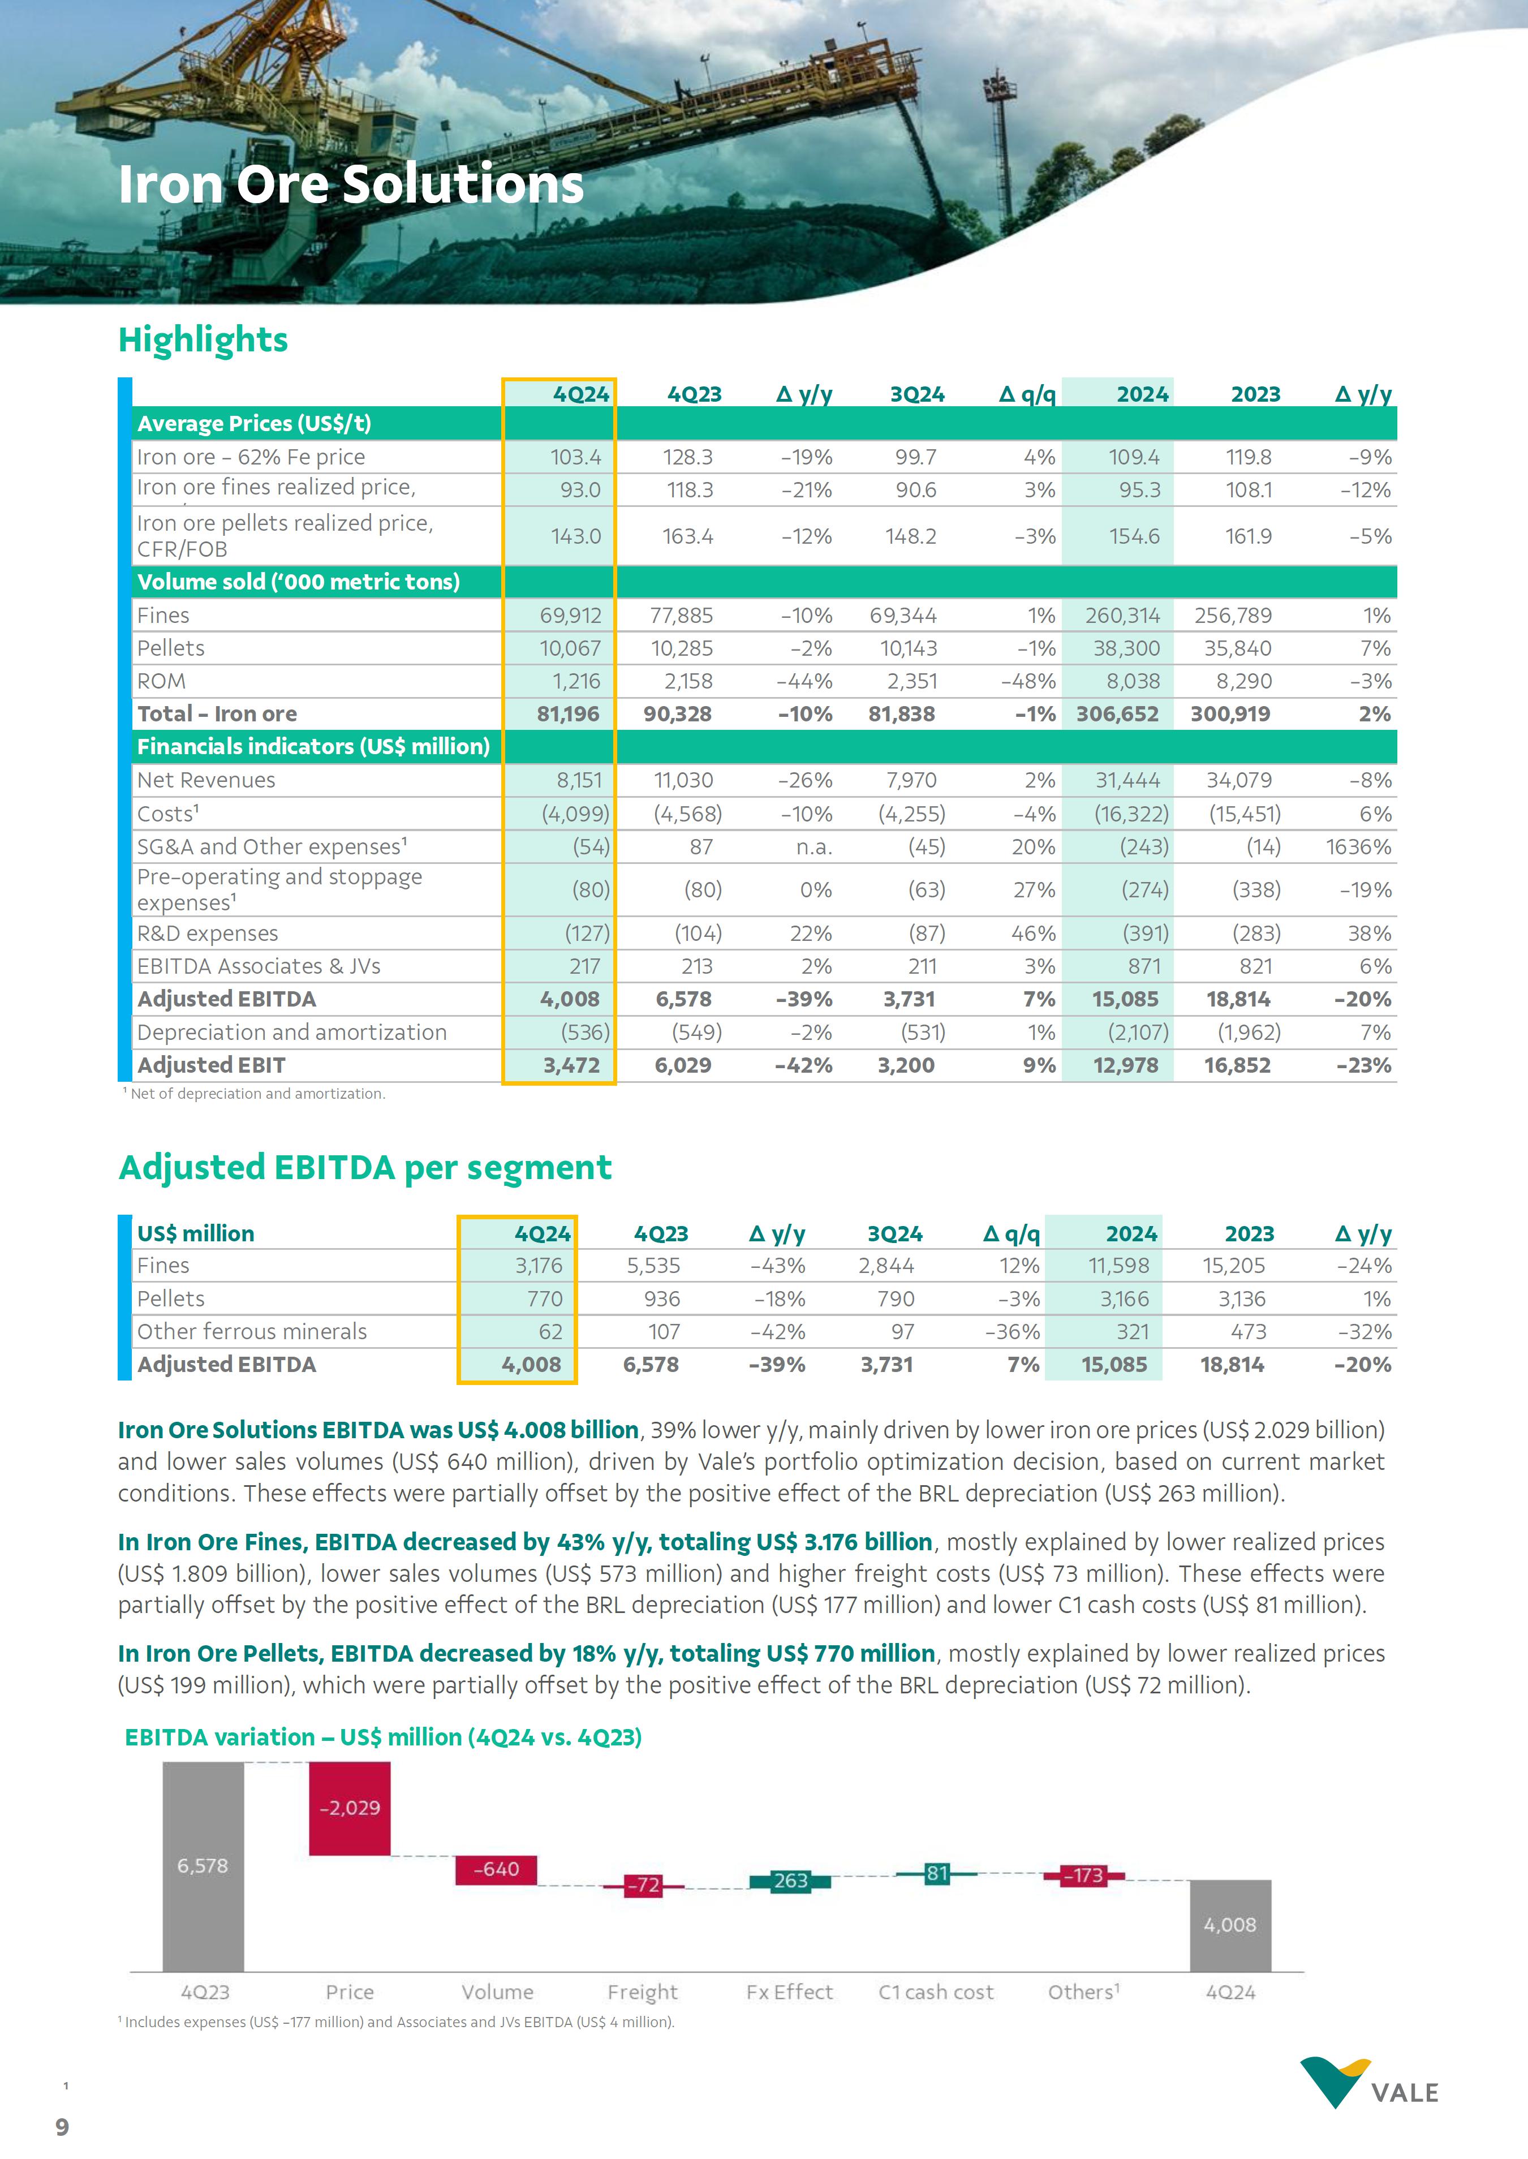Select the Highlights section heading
point(203,339)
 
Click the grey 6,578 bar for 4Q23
point(203,1865)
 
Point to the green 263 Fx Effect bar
point(790,1881)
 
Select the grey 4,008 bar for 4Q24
point(1230,1925)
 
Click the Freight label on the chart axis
point(643,1992)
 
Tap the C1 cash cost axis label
point(936,1992)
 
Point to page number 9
point(62,2127)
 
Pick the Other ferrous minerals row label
point(252,1331)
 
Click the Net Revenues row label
point(206,780)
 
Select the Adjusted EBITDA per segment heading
point(365,1167)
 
